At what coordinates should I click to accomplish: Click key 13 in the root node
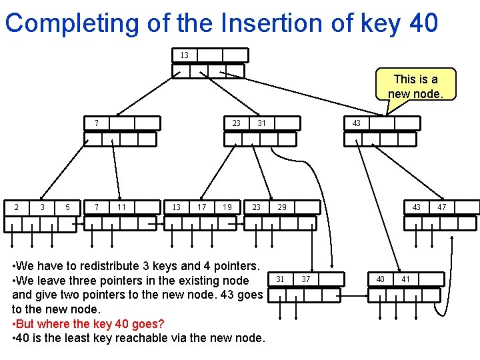185,55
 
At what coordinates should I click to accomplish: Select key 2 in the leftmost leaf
17,207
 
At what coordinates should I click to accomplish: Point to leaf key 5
67,207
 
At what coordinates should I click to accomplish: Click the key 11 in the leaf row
122,207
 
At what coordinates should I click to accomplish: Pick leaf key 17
201,207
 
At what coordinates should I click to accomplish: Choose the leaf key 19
227,207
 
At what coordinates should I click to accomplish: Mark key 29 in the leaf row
282,207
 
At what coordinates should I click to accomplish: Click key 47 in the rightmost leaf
442,207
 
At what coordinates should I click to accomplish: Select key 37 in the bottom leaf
305,278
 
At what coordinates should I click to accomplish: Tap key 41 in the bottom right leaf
405,279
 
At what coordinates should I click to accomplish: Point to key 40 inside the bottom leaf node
380,279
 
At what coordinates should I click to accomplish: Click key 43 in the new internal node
357,123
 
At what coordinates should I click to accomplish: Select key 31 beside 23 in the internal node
262,123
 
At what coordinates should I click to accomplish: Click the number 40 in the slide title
425,23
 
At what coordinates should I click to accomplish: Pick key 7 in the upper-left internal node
97,123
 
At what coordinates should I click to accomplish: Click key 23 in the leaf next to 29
257,207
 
